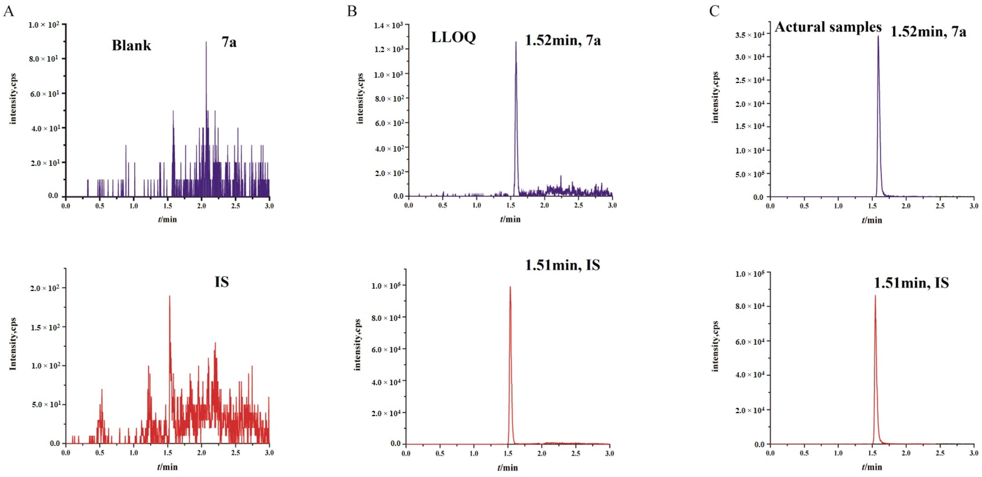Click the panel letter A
(8, 11)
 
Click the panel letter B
(352, 11)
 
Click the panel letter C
(714, 11)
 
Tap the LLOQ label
(453, 37)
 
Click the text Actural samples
(828, 27)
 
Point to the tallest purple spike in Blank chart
(206, 42)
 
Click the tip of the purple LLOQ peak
(516, 42)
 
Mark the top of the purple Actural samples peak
(878, 37)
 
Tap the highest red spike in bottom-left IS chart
(170, 296)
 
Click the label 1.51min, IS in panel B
(562, 265)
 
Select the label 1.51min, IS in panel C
(911, 283)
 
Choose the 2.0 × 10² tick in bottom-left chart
(45, 288)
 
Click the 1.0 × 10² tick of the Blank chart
(44, 25)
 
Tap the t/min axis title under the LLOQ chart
(510, 219)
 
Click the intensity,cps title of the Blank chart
(13, 98)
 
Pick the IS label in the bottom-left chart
(221, 282)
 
